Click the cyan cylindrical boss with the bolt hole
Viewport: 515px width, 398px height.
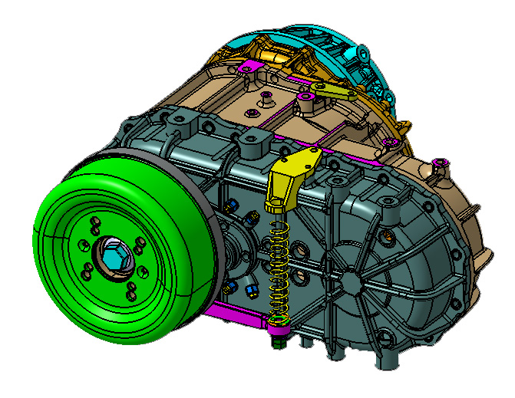pyautogui.click(x=361, y=53)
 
